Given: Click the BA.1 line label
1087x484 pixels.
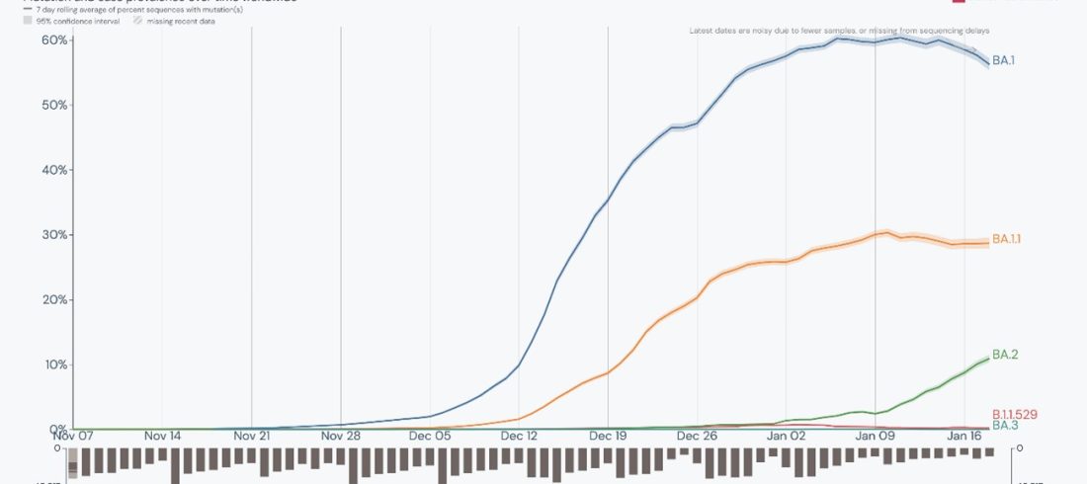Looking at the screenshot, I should (x=1003, y=61).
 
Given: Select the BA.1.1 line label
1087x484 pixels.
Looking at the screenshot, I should (x=1006, y=239).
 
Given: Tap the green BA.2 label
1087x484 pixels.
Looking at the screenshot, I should (x=1004, y=355).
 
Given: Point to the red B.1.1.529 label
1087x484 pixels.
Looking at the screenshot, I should (x=1014, y=414).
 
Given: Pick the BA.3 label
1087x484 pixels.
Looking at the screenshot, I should (x=1004, y=425).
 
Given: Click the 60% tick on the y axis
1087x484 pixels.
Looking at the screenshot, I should (x=54, y=40).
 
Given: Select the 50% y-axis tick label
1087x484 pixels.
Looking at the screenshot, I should (x=54, y=105).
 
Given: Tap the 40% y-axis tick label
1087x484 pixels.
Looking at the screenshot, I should (x=54, y=170).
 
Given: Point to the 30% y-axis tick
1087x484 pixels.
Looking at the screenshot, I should (x=54, y=235).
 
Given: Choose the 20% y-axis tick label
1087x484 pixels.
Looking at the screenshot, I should (x=54, y=299).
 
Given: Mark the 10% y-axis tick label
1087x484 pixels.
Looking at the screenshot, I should (x=54, y=364).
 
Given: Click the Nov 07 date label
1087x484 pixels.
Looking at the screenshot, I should (x=74, y=436).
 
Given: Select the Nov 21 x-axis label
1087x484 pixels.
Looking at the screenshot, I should (x=251, y=436).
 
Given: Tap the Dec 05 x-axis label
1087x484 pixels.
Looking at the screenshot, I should (x=430, y=436).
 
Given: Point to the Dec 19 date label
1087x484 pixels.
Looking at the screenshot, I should (x=608, y=436).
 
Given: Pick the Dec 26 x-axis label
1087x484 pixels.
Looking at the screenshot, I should (x=697, y=436).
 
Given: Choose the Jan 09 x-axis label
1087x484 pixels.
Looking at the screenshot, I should (x=875, y=436).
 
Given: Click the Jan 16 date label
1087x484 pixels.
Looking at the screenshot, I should (x=964, y=436).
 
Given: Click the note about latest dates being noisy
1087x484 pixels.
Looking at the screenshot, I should (x=839, y=31).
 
